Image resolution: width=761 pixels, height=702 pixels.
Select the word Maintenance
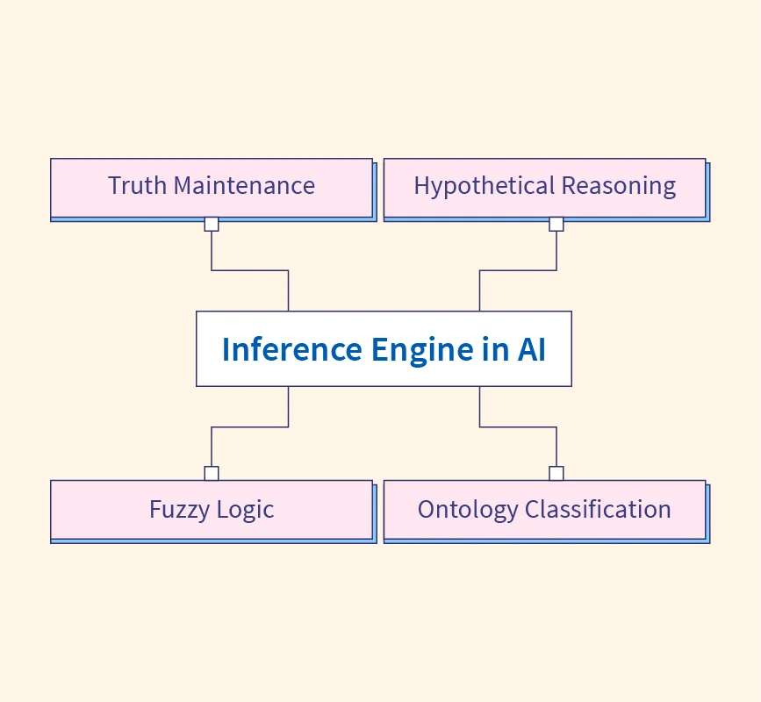click(244, 186)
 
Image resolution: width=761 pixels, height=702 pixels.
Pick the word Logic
click(246, 510)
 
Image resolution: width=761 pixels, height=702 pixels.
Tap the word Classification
click(598, 510)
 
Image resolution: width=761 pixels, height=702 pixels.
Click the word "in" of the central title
click(494, 349)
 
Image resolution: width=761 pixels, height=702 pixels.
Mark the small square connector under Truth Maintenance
click(212, 224)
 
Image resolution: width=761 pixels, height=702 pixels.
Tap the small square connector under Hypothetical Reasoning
click(556, 224)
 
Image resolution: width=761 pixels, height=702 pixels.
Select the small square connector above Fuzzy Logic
click(212, 474)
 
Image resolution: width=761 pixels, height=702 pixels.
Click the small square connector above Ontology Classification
click(556, 474)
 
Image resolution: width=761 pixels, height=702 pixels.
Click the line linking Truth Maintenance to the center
click(250, 270)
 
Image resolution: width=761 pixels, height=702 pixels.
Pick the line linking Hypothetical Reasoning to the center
click(518, 270)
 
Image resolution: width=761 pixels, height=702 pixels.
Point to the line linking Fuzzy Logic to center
click(250, 427)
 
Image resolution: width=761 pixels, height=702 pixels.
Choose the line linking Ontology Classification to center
click(518, 427)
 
